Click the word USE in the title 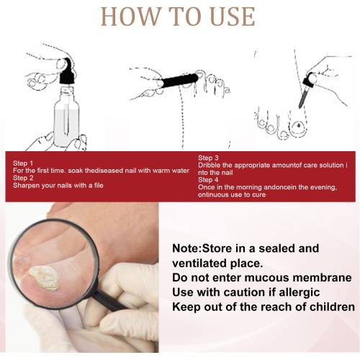[x=233, y=17]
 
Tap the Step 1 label [x=23, y=163]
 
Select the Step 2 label [x=23, y=178]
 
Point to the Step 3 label [x=208, y=158]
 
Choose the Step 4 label [x=208, y=180]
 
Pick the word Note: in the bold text [x=187, y=248]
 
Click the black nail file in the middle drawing [x=180, y=80]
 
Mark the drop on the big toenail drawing [x=298, y=125]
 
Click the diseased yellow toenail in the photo [x=44, y=278]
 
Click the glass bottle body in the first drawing [x=66, y=117]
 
